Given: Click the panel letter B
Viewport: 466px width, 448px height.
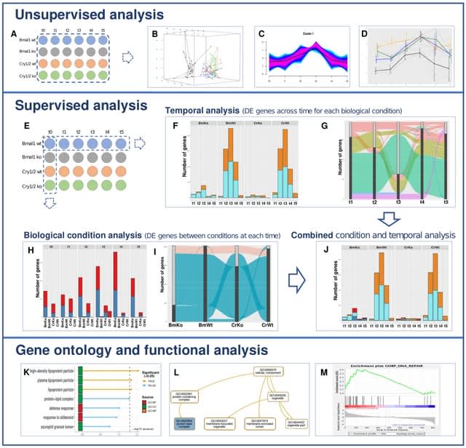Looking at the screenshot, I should (x=154, y=33).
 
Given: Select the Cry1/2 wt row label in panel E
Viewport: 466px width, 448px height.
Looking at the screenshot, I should (x=24, y=174).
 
